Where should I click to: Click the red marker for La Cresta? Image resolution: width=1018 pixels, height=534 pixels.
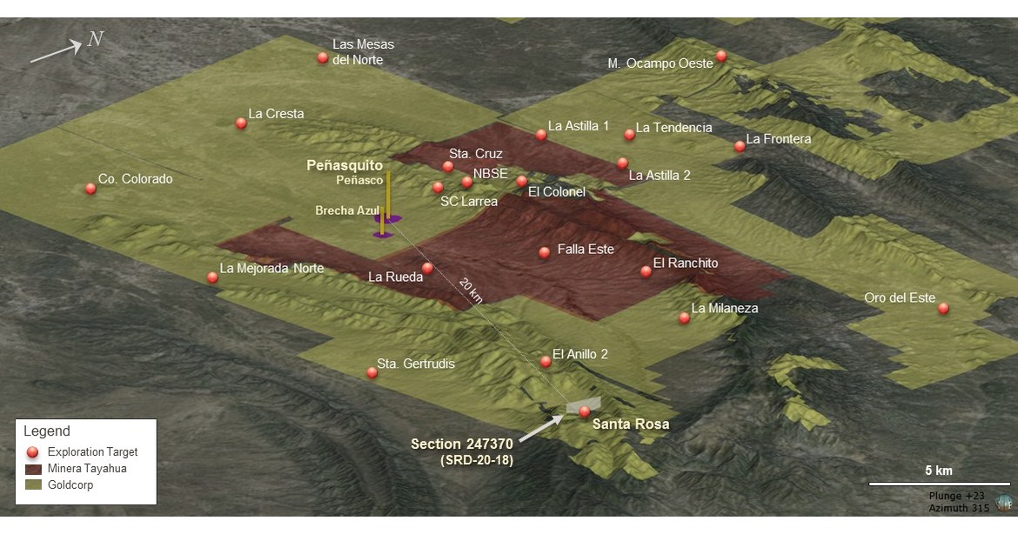click(241, 123)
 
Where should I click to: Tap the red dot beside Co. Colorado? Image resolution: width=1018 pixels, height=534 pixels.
click(90, 189)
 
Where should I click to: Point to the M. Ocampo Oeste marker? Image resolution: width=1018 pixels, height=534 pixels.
click(721, 57)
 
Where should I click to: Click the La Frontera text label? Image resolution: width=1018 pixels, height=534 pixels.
click(779, 139)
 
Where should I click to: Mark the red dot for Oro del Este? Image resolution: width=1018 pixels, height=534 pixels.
click(943, 308)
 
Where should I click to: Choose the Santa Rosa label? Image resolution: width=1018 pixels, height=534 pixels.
click(631, 424)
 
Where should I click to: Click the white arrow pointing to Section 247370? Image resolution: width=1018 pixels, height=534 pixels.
click(540, 425)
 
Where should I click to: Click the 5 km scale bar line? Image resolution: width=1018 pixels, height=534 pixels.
click(939, 484)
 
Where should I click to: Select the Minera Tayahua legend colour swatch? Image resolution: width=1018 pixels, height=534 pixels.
click(34, 469)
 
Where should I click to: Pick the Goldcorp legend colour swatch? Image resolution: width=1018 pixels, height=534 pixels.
click(34, 485)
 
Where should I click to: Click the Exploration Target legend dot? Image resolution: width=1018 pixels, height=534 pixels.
click(33, 452)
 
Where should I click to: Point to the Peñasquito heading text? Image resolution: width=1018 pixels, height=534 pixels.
click(345, 164)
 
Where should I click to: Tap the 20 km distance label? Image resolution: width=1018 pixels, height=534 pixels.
click(470, 290)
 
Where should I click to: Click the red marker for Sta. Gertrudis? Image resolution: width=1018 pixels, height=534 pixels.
click(372, 372)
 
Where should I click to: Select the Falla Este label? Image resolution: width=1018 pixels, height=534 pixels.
click(586, 250)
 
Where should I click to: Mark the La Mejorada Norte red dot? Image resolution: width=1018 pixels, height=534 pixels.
click(212, 277)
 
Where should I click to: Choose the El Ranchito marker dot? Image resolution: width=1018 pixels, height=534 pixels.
click(646, 271)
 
